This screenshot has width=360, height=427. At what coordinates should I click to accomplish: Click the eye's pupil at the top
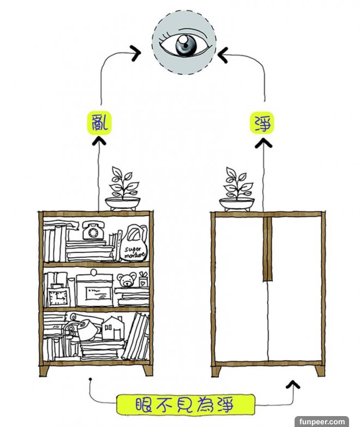185,46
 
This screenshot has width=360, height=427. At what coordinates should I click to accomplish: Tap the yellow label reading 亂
99,123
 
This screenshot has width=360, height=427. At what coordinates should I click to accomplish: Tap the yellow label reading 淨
263,123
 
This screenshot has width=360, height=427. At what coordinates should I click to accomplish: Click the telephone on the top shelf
94,231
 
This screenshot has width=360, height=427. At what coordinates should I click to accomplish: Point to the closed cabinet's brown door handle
267,249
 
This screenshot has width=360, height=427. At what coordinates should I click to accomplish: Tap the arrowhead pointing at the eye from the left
135,54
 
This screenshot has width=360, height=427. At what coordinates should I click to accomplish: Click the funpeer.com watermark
322,421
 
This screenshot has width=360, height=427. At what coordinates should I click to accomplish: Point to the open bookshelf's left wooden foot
46,371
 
